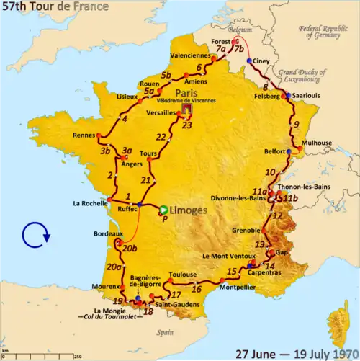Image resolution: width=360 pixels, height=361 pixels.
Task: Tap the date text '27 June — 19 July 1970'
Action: pyautogui.click(x=297, y=353)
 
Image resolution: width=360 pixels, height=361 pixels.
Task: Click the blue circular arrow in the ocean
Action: pyautogui.click(x=34, y=234)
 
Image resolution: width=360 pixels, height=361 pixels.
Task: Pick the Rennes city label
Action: pyautogui.click(x=86, y=135)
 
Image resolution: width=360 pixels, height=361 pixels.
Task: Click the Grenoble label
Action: pyautogui.click(x=246, y=231)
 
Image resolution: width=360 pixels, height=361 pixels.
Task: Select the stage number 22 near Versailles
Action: pyautogui.click(x=161, y=137)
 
